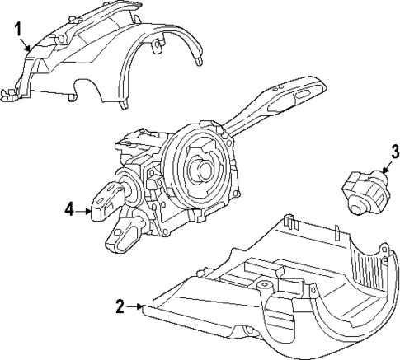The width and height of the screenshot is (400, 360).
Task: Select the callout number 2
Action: point(120,306)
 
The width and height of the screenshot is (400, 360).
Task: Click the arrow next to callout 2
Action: point(137,306)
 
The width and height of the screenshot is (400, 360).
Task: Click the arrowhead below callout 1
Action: point(31,49)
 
